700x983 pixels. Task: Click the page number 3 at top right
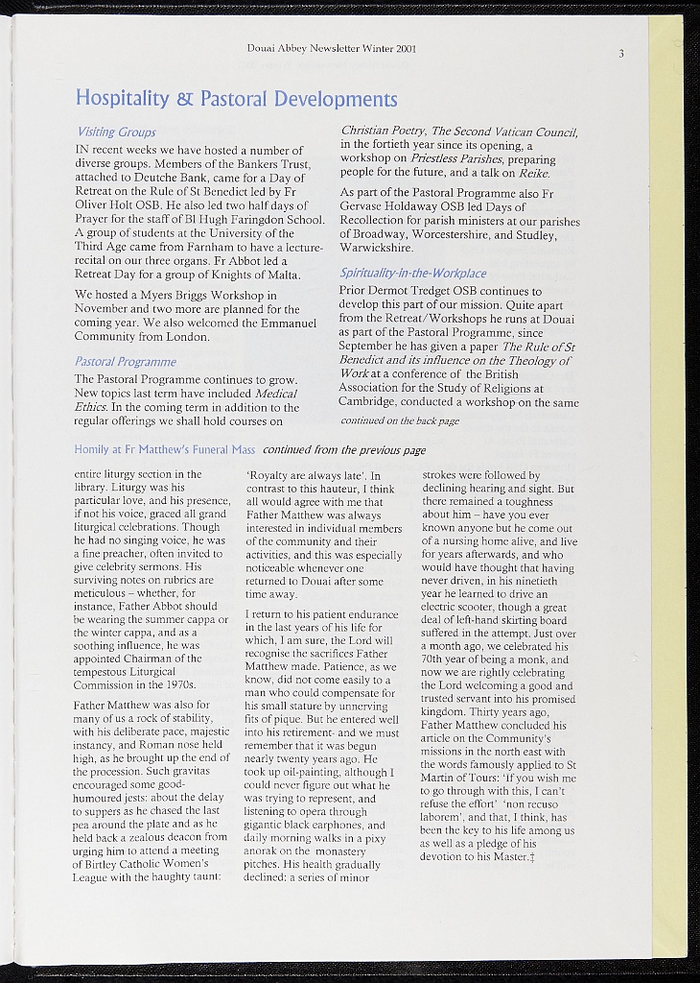tap(621, 54)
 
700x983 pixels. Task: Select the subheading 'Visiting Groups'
tap(115, 132)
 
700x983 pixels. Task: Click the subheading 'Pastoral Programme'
tap(126, 362)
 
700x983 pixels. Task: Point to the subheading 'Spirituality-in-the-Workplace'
tap(413, 273)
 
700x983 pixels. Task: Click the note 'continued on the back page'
tap(400, 420)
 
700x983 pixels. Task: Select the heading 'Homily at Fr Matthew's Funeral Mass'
tap(164, 449)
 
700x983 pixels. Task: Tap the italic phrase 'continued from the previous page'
tap(344, 449)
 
